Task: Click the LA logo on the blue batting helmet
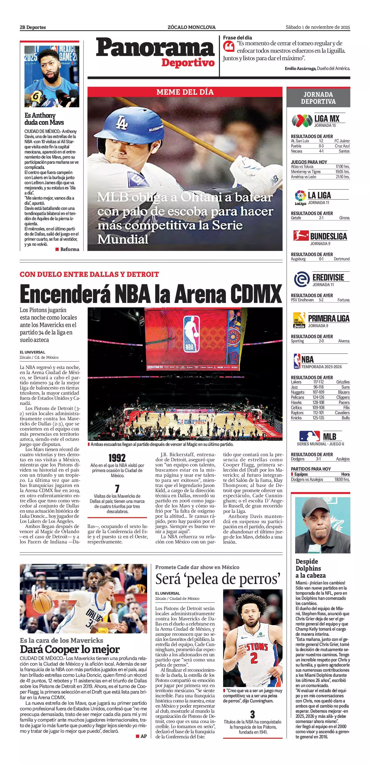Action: (121, 122)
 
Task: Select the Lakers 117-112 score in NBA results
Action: (318, 382)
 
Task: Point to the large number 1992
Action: (117, 458)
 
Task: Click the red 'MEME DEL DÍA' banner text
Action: (185, 92)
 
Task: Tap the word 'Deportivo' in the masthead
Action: (188, 63)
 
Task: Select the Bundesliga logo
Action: (300, 236)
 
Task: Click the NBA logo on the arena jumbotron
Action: (191, 334)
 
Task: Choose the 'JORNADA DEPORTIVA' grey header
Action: (318, 98)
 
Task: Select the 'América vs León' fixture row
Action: (320, 177)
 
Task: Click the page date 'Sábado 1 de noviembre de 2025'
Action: (318, 27)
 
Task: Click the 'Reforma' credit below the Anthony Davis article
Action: (69, 249)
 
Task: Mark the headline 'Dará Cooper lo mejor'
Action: (70, 649)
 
